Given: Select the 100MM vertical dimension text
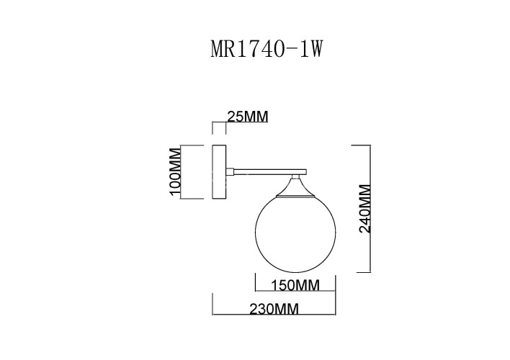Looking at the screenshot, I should point(173,174).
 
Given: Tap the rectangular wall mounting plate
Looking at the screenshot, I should point(220,173).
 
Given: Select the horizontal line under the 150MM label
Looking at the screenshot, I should point(295,292).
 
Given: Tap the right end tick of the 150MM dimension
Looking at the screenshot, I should point(336,284).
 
